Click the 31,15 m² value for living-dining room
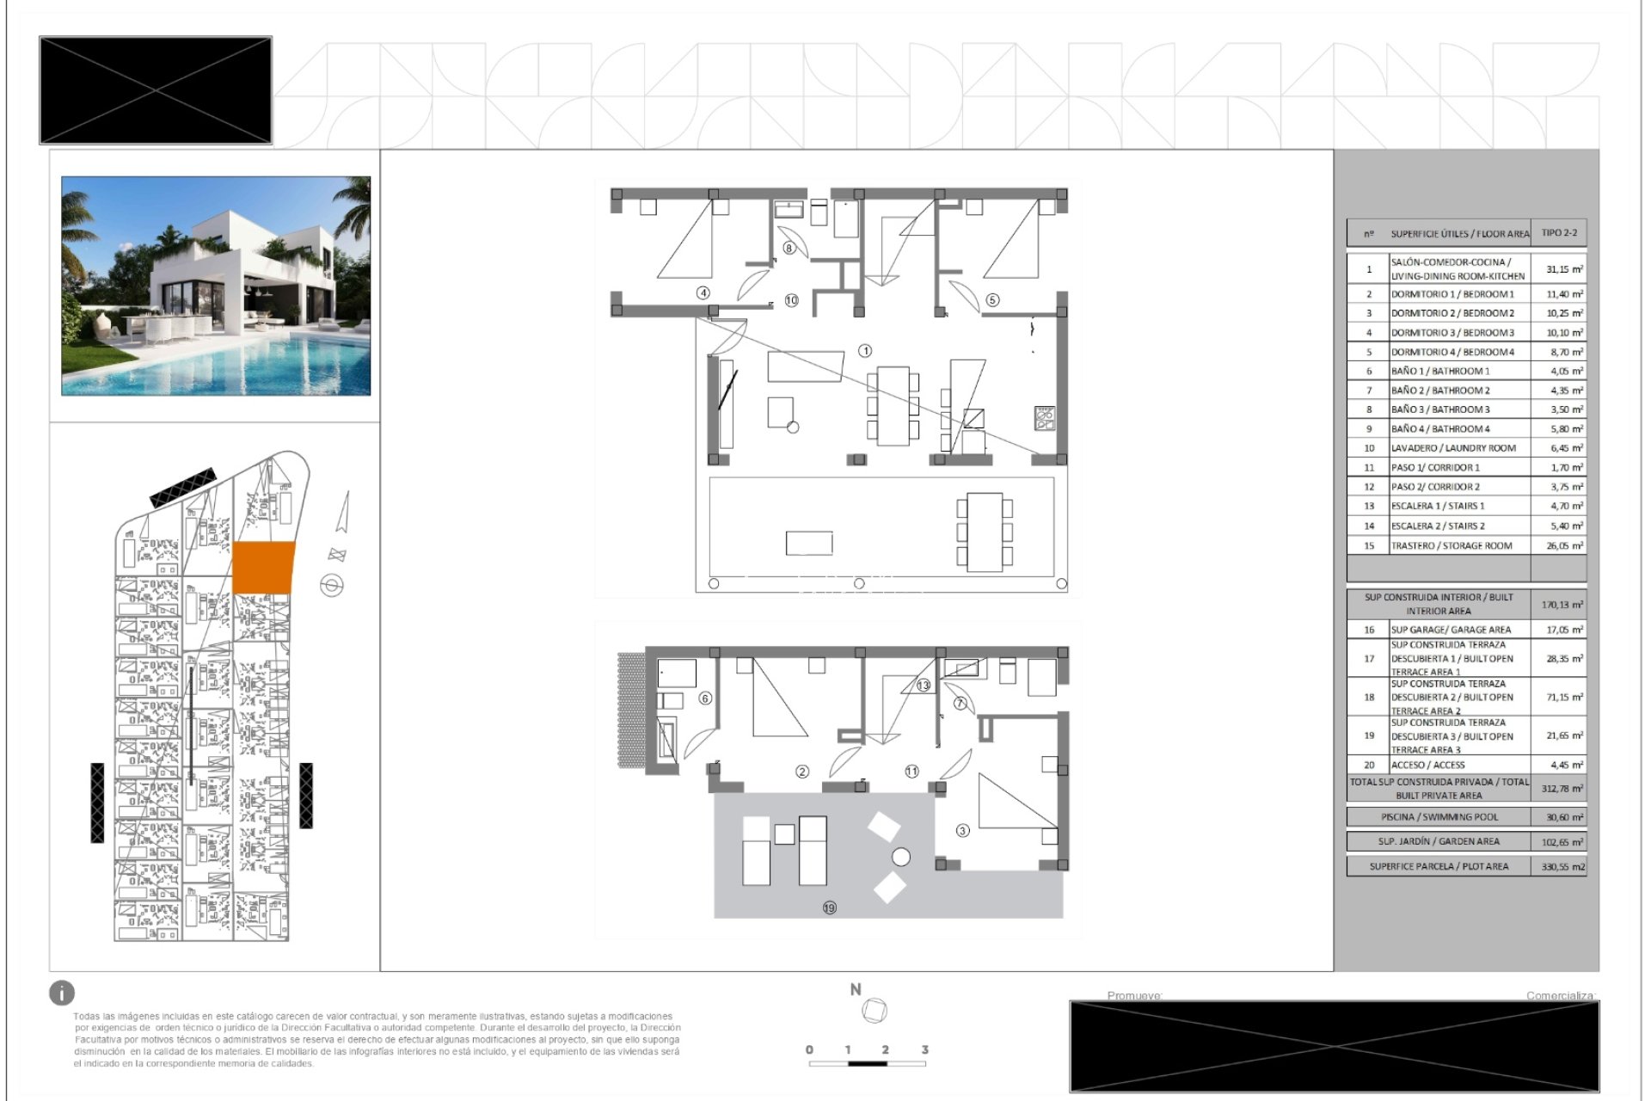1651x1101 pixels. click(x=1563, y=269)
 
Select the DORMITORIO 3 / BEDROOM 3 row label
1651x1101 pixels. click(x=1452, y=333)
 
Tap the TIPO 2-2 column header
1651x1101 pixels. click(x=1559, y=233)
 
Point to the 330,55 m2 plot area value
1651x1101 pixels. click(x=1562, y=867)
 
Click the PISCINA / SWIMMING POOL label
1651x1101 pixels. click(x=1439, y=817)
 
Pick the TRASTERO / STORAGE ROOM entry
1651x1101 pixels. click(x=1451, y=546)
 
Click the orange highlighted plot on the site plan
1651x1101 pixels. click(x=263, y=568)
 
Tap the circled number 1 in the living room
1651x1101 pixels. click(x=865, y=351)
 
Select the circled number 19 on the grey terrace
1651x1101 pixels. click(x=829, y=907)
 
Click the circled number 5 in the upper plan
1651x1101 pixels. click(x=992, y=300)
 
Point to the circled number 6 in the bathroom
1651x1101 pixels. click(x=705, y=698)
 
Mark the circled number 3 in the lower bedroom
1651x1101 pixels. click(x=962, y=831)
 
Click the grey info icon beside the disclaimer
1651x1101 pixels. click(x=62, y=993)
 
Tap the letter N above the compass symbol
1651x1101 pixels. click(x=856, y=990)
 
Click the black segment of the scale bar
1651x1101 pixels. click(x=867, y=1064)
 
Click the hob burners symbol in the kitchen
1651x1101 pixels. click(x=1045, y=418)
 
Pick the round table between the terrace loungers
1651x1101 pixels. click(x=901, y=857)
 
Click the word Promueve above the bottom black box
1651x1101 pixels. click(x=1134, y=995)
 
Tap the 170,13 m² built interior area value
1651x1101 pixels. click(x=1562, y=605)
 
